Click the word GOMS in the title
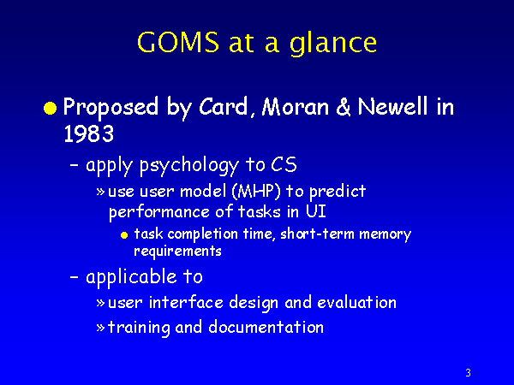pos(178,42)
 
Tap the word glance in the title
pos(333,44)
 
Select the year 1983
pos(88,133)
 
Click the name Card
pos(223,106)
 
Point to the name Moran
pos(295,107)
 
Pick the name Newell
pos(392,106)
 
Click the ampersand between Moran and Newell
pos(344,107)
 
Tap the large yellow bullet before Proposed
pos(50,108)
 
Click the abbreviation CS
pos(284,164)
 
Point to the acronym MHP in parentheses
pos(256,191)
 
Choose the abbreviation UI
pos(316,211)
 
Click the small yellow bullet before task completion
pos(124,235)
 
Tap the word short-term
pos(317,234)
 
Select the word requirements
pos(177,252)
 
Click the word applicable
pos(131,277)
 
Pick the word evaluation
pos(356,302)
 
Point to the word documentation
pos(266,327)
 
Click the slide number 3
pos(468,372)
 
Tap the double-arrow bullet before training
pos(100,328)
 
